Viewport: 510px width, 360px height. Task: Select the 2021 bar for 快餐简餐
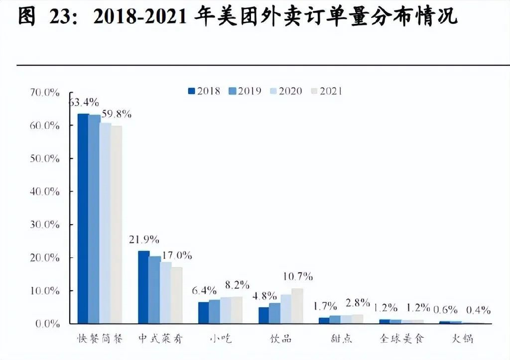tap(116, 224)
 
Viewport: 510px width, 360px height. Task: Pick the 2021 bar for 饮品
tap(297, 306)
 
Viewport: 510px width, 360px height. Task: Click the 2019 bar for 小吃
tap(214, 311)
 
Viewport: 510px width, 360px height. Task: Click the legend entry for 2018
tap(204, 91)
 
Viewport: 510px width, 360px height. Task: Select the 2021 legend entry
tap(327, 91)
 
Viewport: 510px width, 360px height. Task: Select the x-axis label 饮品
tap(280, 339)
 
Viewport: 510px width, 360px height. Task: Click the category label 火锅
tap(463, 339)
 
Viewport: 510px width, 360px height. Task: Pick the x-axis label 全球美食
tap(401, 339)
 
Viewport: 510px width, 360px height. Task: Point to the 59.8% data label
tap(116, 114)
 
